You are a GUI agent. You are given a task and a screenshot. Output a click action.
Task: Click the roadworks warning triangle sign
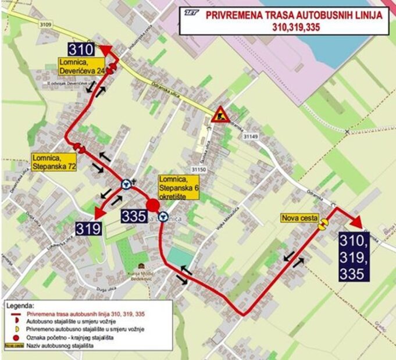point(220,115)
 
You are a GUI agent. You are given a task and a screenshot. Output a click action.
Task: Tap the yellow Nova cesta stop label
point(300,218)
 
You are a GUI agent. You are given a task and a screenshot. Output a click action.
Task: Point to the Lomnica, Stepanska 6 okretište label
point(180,188)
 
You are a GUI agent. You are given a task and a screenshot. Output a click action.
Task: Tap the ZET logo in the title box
point(192,13)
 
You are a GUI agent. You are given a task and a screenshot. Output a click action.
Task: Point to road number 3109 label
point(46,24)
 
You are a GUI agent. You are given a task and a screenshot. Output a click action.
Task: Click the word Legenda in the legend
point(21,305)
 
